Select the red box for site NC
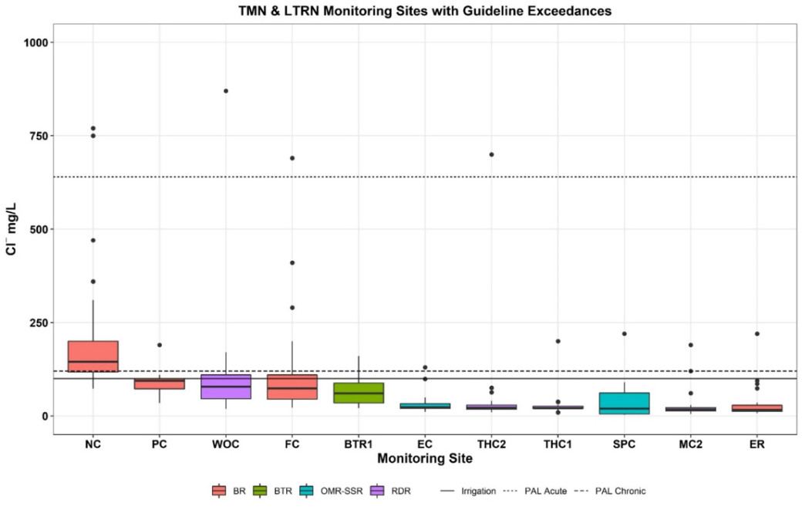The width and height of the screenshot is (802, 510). [93, 356]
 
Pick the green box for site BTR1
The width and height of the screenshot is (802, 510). [359, 393]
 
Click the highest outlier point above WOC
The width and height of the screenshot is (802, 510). [226, 91]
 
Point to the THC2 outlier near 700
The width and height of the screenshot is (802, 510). [491, 154]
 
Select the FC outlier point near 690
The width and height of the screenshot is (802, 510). [292, 158]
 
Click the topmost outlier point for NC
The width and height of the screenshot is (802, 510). [93, 128]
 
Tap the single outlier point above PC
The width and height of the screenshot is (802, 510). [160, 345]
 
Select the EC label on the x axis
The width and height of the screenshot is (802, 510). [425, 445]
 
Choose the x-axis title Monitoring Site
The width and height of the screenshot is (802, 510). [424, 458]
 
